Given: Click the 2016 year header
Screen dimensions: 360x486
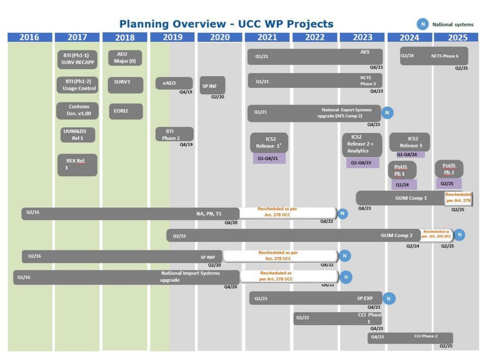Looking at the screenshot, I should coord(30,38).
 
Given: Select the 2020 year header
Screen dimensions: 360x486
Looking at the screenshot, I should coord(220,38).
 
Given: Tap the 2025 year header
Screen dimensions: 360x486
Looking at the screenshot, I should coord(458,38).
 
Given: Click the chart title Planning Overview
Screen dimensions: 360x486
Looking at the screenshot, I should coord(226,23).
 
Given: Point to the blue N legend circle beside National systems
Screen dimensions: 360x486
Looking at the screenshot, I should coord(423,24).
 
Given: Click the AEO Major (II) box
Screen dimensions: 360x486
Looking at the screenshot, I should coord(126,58).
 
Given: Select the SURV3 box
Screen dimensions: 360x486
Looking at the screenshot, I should coord(126,85).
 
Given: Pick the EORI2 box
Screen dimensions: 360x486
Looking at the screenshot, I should coord(126,111).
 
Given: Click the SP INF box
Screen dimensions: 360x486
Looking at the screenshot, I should coord(212,85).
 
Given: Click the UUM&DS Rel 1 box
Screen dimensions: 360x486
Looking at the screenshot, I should coord(78,135).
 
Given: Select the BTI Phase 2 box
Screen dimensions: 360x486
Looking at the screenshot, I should coord(175,134).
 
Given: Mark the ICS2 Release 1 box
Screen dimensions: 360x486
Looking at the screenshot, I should coord(269,143).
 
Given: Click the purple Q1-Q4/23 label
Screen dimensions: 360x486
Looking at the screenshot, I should coord(362,163).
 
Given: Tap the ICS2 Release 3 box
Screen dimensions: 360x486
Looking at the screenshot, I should coord(409,142).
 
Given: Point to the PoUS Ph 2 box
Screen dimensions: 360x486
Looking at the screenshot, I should coord(449,169).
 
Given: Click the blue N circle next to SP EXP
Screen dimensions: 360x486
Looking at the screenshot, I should coord(389,298).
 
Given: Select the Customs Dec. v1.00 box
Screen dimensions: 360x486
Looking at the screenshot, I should coord(78,111).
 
